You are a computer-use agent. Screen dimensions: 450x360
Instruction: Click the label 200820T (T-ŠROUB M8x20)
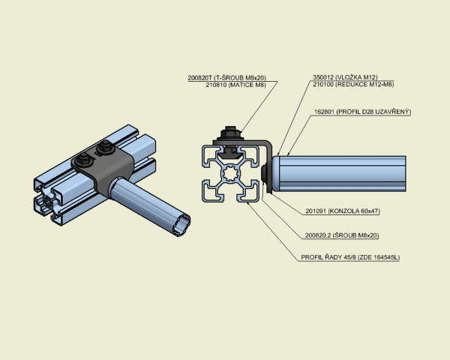pos(226,78)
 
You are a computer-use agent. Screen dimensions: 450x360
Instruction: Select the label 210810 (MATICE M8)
pos(236,85)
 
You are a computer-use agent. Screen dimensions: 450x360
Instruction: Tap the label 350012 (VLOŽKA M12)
pos(345,77)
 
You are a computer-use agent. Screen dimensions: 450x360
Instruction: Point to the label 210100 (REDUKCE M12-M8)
pos(353,85)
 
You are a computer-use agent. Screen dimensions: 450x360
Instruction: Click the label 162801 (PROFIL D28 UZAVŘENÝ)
pos(362,112)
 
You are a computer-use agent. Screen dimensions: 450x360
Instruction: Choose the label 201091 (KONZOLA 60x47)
pos(343,211)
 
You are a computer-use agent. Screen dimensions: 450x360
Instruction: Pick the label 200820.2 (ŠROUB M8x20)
pos(342,235)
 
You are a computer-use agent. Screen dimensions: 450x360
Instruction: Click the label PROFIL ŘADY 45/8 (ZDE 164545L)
pos(350,257)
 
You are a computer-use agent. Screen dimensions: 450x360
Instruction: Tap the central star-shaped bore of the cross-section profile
pos(230,174)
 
